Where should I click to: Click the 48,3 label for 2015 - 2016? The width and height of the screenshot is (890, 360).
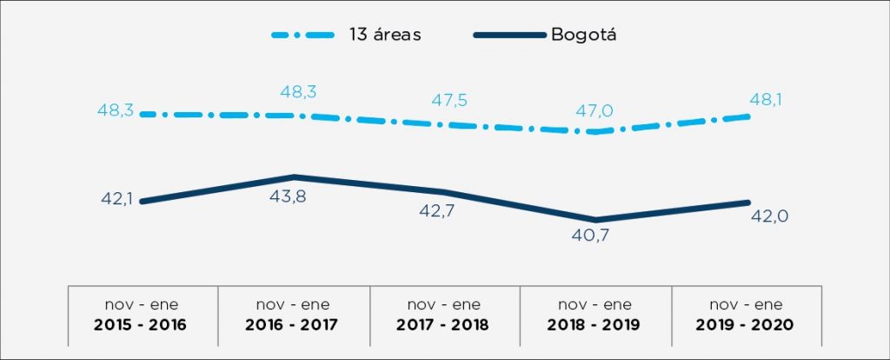114,113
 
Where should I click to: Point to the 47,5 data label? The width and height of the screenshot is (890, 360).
449,100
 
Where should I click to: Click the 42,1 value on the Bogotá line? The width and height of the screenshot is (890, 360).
114,201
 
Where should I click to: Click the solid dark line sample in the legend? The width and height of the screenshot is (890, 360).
508,35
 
